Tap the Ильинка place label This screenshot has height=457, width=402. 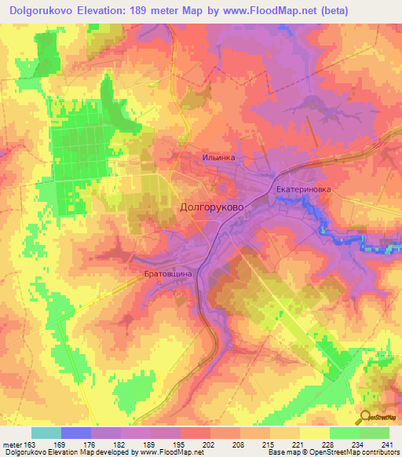tap(218, 158)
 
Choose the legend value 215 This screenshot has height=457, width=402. tap(270, 444)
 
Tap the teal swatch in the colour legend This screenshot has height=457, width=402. tap(46, 433)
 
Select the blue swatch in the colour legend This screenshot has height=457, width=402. tap(76, 433)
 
